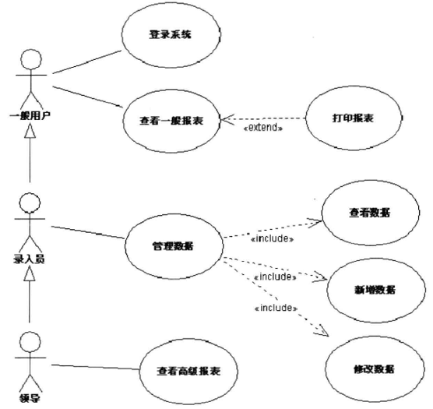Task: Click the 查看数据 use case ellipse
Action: [x=369, y=213]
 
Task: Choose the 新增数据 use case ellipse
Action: [x=372, y=289]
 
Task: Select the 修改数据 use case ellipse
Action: [x=372, y=368]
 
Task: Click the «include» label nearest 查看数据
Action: [x=272, y=239]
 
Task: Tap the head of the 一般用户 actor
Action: [x=30, y=58]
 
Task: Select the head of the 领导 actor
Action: [x=29, y=340]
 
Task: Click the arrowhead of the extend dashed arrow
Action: [x=226, y=118]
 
